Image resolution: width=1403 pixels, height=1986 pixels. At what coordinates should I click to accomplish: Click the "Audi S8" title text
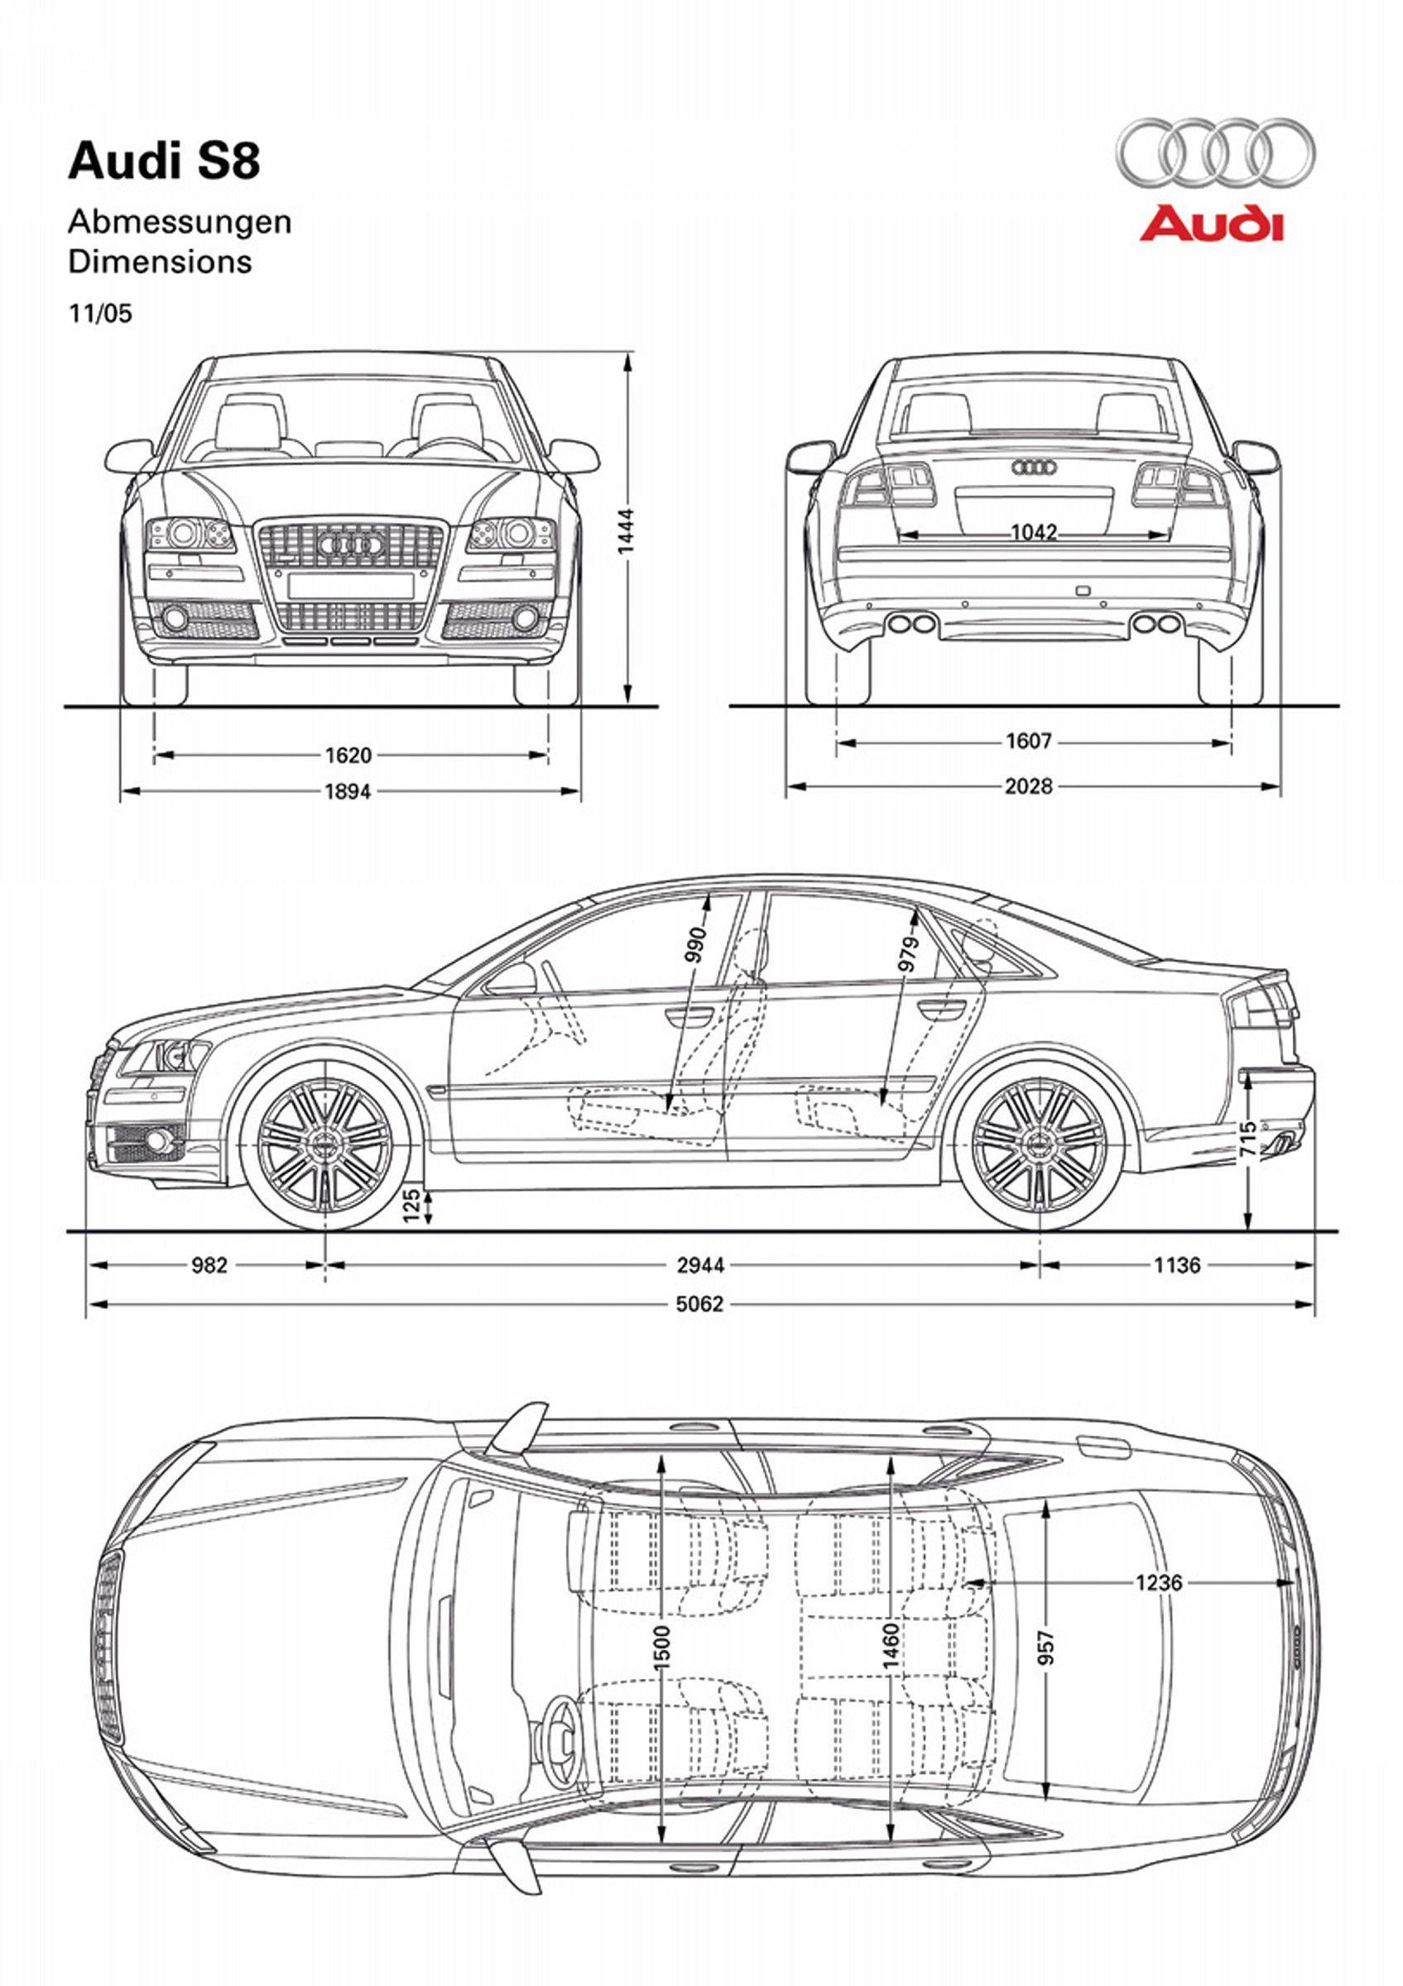tap(165, 161)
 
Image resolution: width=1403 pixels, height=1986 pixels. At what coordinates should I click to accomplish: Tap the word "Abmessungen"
tap(180, 223)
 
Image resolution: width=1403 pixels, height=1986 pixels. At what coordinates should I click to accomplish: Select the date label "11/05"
tap(100, 313)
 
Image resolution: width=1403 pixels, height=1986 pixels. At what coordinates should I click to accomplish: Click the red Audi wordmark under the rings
tap(1211, 224)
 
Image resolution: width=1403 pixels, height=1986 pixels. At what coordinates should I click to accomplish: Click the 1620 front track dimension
tap(348, 756)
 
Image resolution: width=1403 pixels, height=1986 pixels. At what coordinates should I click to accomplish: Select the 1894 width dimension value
tap(348, 790)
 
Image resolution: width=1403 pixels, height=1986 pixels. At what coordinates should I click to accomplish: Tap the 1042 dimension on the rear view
tap(1034, 532)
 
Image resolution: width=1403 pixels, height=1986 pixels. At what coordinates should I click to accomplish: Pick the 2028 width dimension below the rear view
tap(1029, 786)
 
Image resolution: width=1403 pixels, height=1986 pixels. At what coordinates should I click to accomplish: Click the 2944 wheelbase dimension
tap(700, 1265)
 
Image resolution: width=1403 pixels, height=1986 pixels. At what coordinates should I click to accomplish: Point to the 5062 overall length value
tap(699, 1303)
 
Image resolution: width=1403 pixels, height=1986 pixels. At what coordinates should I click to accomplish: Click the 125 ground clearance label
tap(411, 1205)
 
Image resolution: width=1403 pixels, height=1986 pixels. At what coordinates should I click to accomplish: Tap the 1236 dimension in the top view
tap(1158, 1583)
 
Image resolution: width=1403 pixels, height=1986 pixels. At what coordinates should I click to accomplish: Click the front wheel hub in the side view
tap(324, 1144)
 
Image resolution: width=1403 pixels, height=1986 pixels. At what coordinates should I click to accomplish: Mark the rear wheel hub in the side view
tap(1040, 1144)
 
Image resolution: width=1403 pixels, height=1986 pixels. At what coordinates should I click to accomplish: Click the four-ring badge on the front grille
tap(350, 543)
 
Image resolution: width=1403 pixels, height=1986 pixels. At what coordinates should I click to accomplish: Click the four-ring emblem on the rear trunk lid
tap(1034, 467)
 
